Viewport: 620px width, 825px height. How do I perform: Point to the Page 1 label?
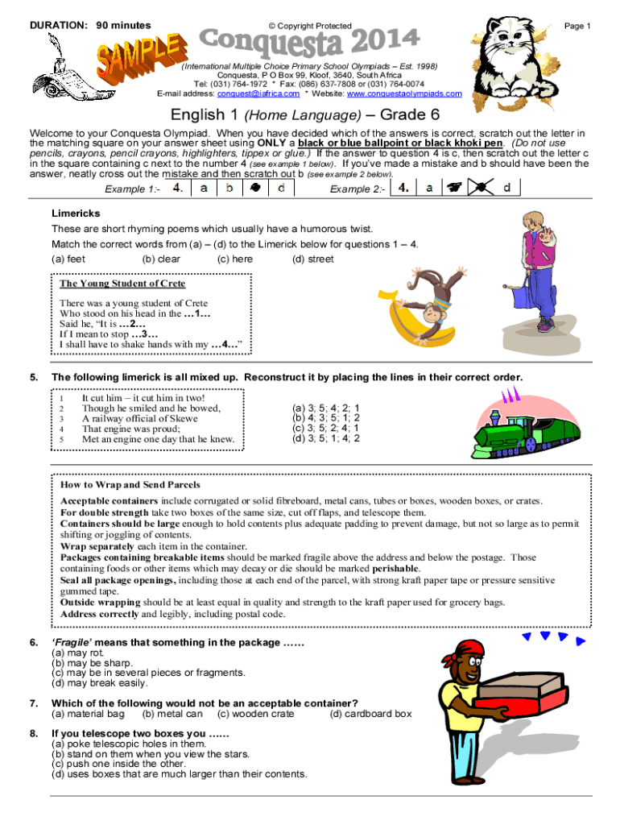pyautogui.click(x=577, y=26)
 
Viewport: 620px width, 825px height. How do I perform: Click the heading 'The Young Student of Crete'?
pyautogui.click(x=122, y=284)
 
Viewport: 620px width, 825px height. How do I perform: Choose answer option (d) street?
pyautogui.click(x=312, y=259)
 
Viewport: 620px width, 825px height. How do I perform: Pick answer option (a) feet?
pyautogui.click(x=68, y=259)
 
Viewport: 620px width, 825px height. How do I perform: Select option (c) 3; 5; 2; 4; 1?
pyautogui.click(x=326, y=429)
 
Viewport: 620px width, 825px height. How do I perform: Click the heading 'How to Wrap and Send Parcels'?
pyautogui.click(x=130, y=485)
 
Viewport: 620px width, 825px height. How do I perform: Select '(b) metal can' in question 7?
pyautogui.click(x=172, y=714)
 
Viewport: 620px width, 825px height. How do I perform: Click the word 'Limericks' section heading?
pyautogui.click(x=76, y=214)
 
